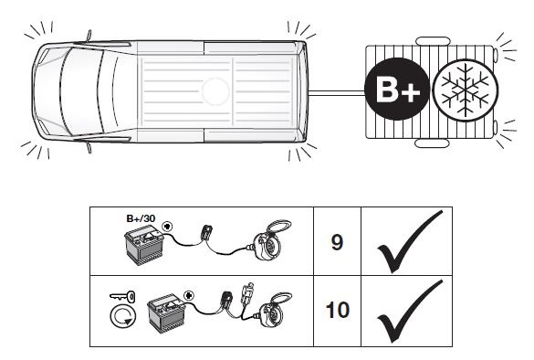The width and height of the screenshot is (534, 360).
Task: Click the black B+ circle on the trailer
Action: tap(396, 90)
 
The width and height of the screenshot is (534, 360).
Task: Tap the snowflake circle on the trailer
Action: tap(466, 90)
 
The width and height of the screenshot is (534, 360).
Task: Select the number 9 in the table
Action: tap(337, 242)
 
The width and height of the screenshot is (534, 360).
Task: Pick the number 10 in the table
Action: tap(338, 310)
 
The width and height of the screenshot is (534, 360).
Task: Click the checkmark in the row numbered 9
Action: tap(410, 241)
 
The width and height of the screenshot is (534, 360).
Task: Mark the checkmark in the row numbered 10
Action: tap(410, 311)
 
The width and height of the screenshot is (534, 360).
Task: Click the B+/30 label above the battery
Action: tap(141, 218)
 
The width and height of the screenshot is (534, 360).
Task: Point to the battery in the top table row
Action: tap(145, 247)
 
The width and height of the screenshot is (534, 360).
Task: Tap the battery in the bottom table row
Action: tap(167, 313)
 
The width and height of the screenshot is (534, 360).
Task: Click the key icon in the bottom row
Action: tap(122, 296)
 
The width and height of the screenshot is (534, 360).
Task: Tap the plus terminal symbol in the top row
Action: tap(167, 226)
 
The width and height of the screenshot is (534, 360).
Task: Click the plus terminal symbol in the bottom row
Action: tap(189, 295)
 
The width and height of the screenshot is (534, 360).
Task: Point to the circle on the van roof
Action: tap(215, 91)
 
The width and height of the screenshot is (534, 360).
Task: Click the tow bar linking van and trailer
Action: tap(337, 92)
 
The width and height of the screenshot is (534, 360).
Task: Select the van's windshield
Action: tap(82, 91)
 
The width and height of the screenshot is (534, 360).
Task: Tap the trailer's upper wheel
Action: tap(433, 41)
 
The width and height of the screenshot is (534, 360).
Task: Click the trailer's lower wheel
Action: tap(432, 143)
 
